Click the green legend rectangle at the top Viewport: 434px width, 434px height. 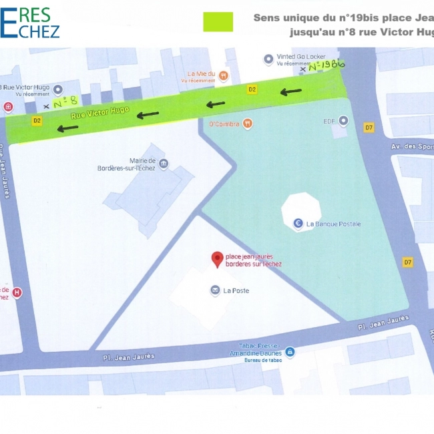point(218,22)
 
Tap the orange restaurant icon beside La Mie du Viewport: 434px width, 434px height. point(224,76)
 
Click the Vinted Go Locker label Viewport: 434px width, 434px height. point(302,57)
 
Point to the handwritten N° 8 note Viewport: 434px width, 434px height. point(65,103)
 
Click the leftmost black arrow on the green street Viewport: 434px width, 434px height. point(67,127)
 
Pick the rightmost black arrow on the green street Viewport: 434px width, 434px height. point(290,91)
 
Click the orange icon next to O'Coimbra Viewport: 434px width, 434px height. point(248,123)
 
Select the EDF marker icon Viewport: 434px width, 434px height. point(343,121)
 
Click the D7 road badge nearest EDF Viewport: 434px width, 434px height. point(369,127)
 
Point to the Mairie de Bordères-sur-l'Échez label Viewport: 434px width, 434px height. point(127,164)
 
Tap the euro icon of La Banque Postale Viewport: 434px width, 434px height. point(298,224)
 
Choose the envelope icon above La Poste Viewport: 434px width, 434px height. point(215,290)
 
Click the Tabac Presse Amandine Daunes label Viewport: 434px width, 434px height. point(256,350)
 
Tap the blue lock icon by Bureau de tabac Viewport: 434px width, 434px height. point(290,352)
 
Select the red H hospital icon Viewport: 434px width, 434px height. point(17,292)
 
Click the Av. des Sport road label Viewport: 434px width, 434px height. point(411,147)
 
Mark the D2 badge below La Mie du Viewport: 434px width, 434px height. point(252,89)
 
